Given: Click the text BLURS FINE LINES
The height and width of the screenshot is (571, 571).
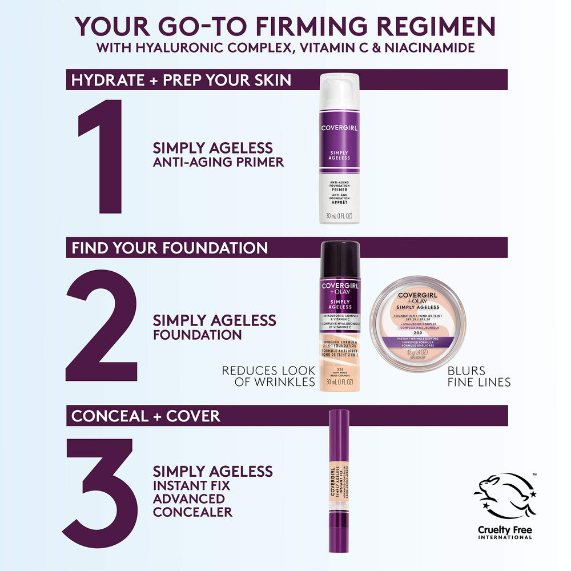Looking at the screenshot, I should coord(479,376).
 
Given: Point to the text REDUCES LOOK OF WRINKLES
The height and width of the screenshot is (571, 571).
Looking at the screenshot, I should coord(269,376).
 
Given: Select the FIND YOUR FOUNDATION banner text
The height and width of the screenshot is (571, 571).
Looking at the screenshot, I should coord(170,248).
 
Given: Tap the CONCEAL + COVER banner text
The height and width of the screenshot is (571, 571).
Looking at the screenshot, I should coord(146,416).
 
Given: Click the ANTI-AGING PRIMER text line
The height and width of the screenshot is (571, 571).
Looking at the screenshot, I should coord(218,162).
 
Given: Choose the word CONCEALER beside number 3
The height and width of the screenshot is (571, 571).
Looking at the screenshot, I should coord(192,512).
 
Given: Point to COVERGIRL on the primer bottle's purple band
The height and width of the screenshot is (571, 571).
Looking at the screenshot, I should coord(340,128).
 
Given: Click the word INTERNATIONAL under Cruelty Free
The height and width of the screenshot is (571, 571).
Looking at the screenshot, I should coord(505,537).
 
